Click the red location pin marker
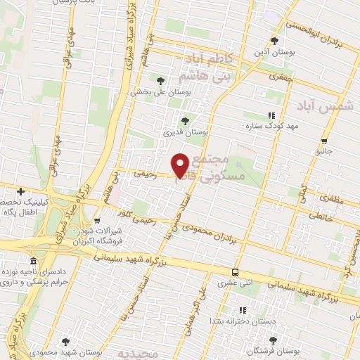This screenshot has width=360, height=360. pyautogui.click(x=181, y=165)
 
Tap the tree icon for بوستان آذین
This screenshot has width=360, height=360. pyautogui.click(x=276, y=41)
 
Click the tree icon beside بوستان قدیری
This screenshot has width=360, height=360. pyautogui.click(x=186, y=120)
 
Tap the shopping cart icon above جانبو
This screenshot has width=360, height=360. pyautogui.click(x=323, y=140)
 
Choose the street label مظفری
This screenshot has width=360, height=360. pyautogui.click(x=319, y=198)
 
